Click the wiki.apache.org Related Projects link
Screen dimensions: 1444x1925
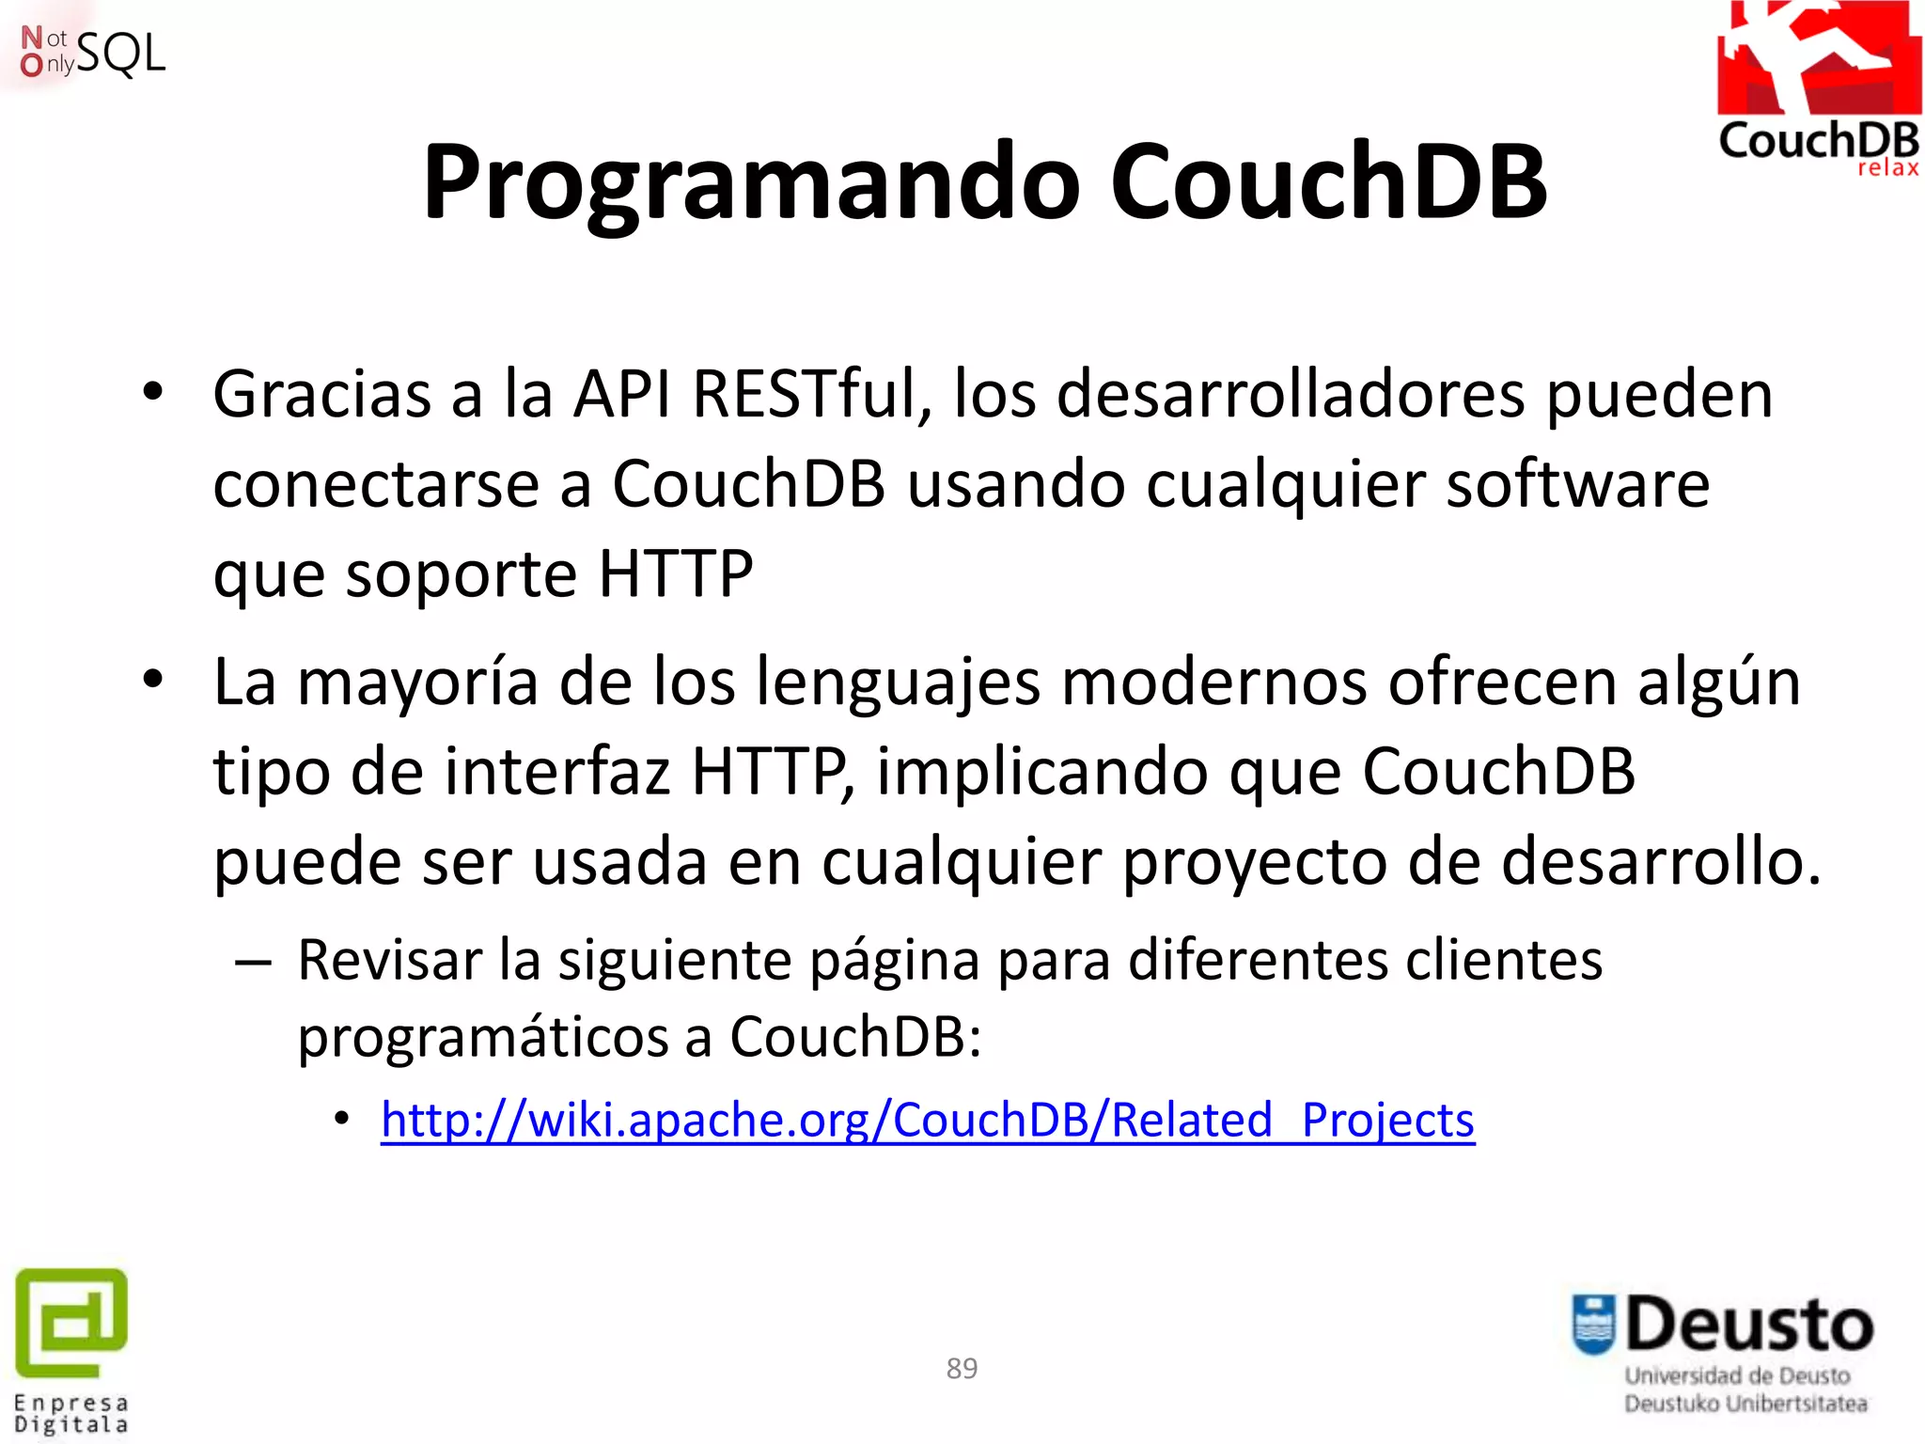pos(927,1120)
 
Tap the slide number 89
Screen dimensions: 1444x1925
pos(962,1368)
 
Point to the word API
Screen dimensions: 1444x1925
pos(622,394)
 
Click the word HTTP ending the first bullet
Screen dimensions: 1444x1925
pos(675,573)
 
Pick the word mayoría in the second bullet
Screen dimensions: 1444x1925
pos(417,682)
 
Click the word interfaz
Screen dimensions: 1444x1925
pos(556,772)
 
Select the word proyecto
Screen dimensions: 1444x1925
pos(1254,863)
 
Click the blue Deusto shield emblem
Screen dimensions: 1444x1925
pos(1593,1325)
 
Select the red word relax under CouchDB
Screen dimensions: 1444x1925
pos(1887,168)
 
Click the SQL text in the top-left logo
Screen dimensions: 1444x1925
pos(120,55)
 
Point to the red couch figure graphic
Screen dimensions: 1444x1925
pos(1818,56)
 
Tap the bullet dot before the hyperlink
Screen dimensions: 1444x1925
pos(342,1119)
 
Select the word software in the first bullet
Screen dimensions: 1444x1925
pos(1577,484)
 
